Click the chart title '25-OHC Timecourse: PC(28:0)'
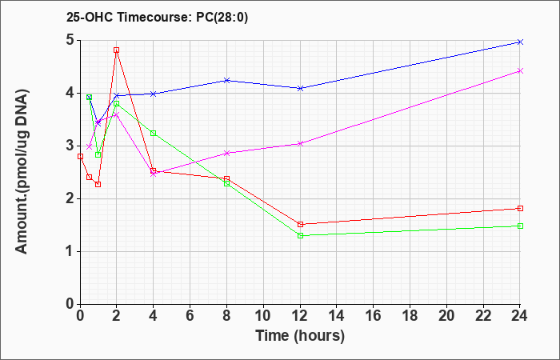coord(157,18)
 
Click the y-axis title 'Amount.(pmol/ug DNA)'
coord(22,171)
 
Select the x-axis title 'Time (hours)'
coord(300,336)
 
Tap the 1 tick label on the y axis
coord(70,251)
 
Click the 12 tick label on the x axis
coord(300,316)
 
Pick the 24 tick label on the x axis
coord(518,316)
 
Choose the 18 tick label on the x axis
coord(410,316)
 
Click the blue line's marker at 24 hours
coord(520,42)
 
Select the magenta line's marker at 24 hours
coord(520,70)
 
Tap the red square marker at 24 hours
coord(520,208)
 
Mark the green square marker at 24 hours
coord(520,226)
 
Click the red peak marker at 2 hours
coord(117,50)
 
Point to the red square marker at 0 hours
coord(80,157)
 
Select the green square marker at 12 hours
coord(300,235)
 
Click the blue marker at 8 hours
coord(226,80)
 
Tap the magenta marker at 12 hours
coord(300,143)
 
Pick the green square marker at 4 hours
coord(154,134)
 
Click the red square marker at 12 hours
coord(300,224)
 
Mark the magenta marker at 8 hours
coord(226,154)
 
